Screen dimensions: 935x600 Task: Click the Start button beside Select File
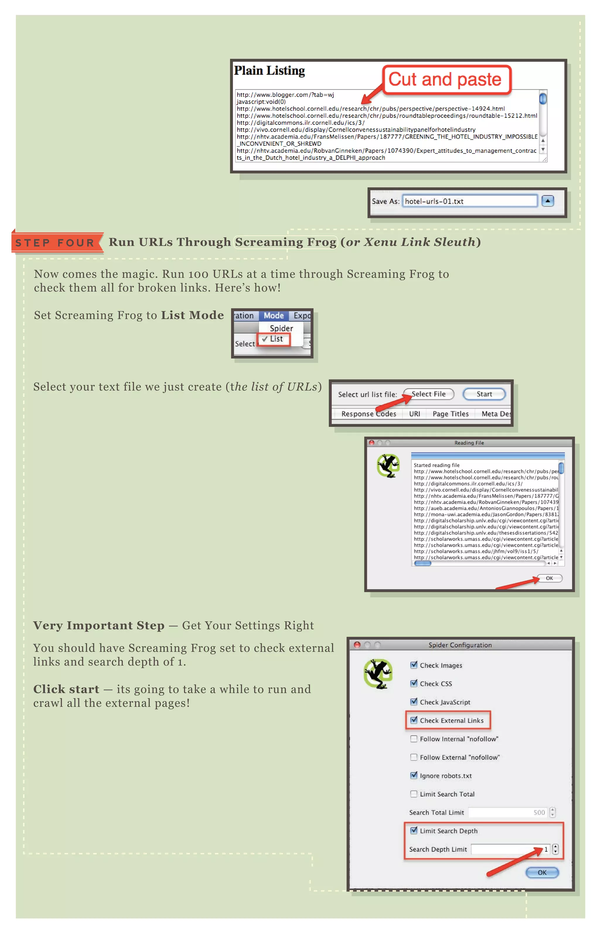pos(484,394)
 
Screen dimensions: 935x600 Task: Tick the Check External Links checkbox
pos(414,720)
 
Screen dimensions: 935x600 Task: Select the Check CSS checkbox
pos(414,683)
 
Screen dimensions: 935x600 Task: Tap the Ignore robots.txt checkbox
pos(414,775)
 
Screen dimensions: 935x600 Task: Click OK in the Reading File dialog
pos(549,578)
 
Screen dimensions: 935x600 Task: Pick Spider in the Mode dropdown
pos(281,328)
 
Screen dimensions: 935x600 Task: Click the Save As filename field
pos(469,201)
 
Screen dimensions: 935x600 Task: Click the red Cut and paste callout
pos(446,80)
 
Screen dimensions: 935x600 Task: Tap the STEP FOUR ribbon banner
pos(56,243)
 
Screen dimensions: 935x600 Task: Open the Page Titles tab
pos(450,414)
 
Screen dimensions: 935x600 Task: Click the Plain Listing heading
pos(269,71)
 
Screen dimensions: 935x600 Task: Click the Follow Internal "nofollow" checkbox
pos(414,739)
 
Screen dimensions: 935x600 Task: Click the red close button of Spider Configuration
pos(357,645)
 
